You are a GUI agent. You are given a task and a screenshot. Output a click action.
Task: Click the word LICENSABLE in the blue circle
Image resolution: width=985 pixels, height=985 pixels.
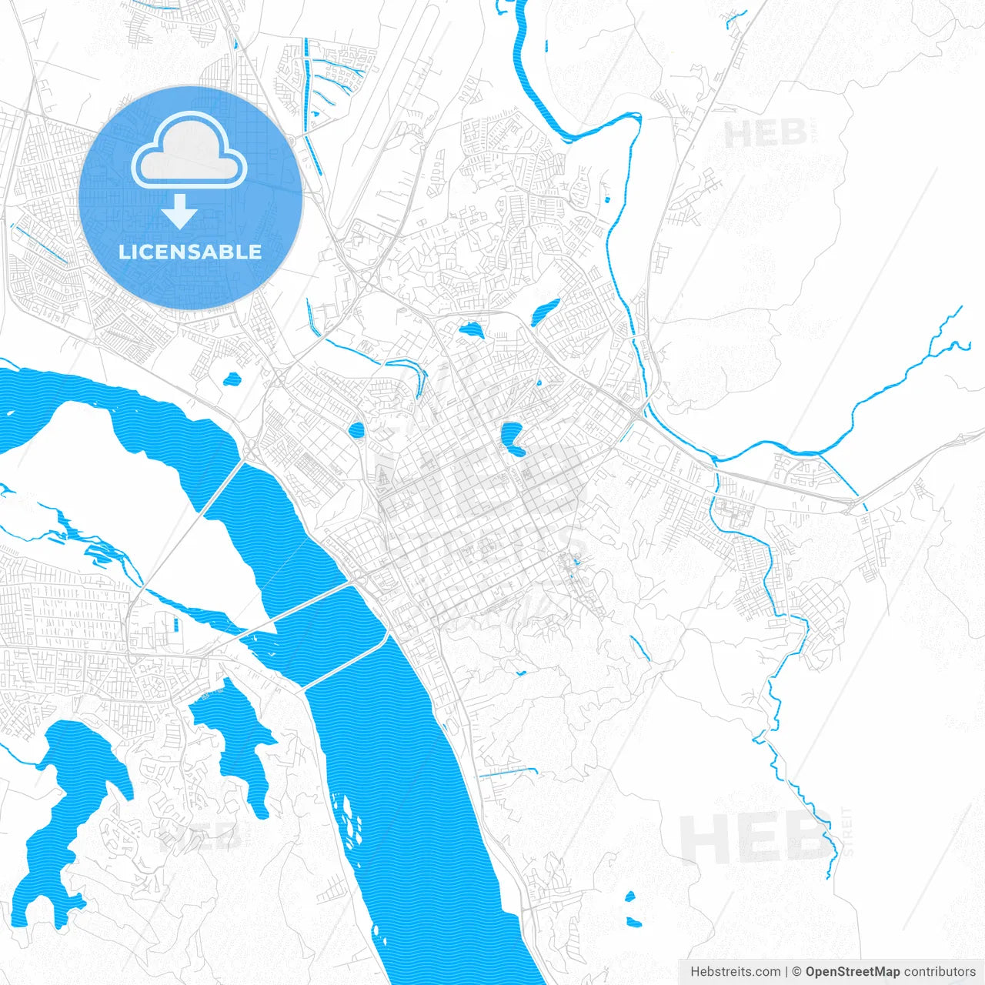tap(190, 252)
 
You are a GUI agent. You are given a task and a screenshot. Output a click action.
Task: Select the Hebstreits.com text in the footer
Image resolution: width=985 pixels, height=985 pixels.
tap(735, 972)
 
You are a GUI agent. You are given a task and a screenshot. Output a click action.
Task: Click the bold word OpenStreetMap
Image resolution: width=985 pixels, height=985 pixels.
tap(852, 972)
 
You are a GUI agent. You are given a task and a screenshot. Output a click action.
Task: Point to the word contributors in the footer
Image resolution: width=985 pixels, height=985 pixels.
tap(939, 972)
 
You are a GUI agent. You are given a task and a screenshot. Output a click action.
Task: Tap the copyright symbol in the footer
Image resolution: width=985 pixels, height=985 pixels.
tap(797, 972)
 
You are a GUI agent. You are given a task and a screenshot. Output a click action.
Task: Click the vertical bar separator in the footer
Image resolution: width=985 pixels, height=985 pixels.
tap(786, 972)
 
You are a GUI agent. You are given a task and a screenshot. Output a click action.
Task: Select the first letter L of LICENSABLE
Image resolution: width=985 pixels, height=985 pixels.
tap(124, 252)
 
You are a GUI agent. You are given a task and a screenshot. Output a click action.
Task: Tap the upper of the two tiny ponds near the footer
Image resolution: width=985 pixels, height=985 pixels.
tap(629, 897)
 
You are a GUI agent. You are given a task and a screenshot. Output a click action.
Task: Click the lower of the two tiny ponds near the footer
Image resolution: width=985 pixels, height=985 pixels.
tap(634, 922)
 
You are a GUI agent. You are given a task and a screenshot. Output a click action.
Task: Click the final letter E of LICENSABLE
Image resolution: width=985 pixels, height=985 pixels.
tap(255, 252)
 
